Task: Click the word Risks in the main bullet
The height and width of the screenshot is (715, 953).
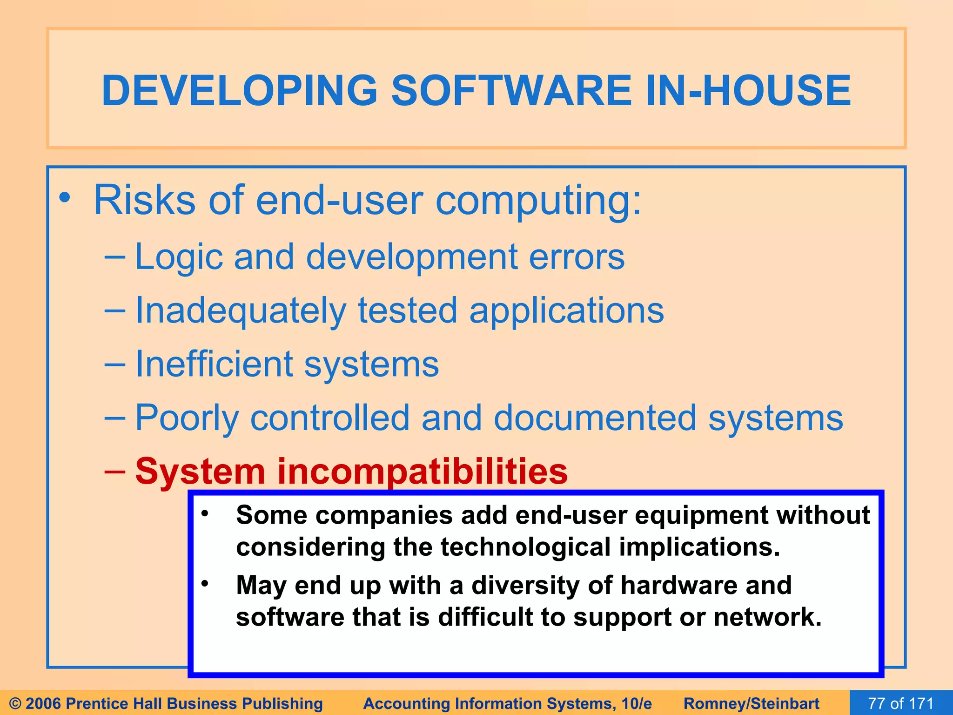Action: (144, 200)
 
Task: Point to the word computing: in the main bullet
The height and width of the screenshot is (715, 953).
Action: (538, 200)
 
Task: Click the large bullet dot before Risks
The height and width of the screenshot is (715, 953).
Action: (65, 198)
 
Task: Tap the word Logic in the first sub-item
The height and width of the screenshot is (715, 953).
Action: (179, 257)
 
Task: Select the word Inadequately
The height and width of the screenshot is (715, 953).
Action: (241, 311)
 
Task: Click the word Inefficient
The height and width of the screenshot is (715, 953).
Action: (214, 364)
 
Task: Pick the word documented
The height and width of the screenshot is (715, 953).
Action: (595, 418)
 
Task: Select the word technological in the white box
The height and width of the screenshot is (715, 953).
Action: (525, 547)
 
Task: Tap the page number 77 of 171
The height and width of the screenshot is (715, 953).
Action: (901, 703)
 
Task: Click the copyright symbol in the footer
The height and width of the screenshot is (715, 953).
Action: (15, 703)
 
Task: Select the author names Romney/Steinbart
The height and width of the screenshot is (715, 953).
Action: (751, 703)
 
